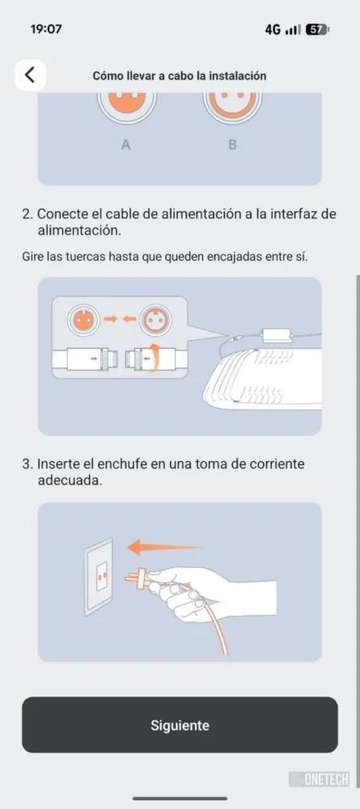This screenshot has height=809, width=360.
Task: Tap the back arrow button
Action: pos(31,75)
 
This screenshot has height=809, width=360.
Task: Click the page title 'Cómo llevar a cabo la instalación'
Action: pos(180,76)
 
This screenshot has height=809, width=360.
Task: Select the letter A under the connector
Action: pos(125,145)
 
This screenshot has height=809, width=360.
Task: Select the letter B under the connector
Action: pos(233,145)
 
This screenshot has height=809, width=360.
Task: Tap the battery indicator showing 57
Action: pos(316,29)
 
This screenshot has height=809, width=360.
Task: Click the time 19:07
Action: pos(46,29)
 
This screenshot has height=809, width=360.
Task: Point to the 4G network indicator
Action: pos(273,30)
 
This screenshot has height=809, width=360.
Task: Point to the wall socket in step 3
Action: pos(99,577)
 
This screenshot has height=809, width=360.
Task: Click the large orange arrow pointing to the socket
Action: pos(164,546)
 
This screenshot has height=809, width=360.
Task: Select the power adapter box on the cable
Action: pos(277,336)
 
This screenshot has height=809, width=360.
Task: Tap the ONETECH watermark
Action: pos(320,778)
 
